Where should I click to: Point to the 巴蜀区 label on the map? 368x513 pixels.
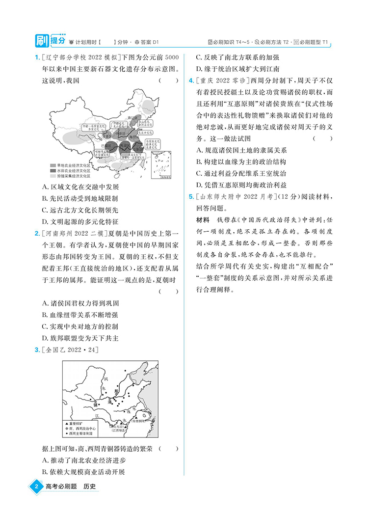[104, 146]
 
